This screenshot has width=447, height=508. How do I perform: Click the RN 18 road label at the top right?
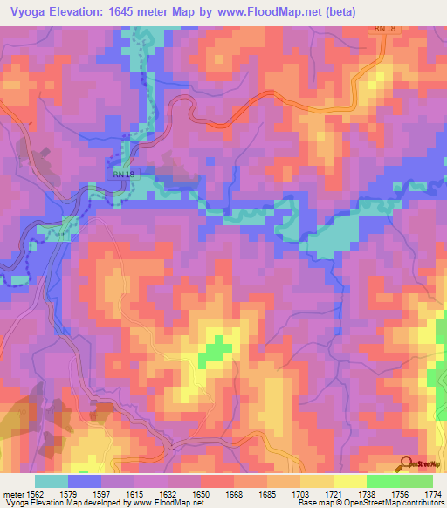[384, 29]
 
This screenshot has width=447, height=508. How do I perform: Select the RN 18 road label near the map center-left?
[122, 175]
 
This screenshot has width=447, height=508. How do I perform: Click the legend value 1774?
[430, 494]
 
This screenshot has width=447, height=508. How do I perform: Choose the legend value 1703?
[303, 494]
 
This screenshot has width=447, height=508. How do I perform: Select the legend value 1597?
[99, 494]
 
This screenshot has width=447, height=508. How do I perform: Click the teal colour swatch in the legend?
[52, 481]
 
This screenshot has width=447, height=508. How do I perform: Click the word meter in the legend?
[12, 494]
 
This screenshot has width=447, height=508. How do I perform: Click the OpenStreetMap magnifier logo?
[406, 463]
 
